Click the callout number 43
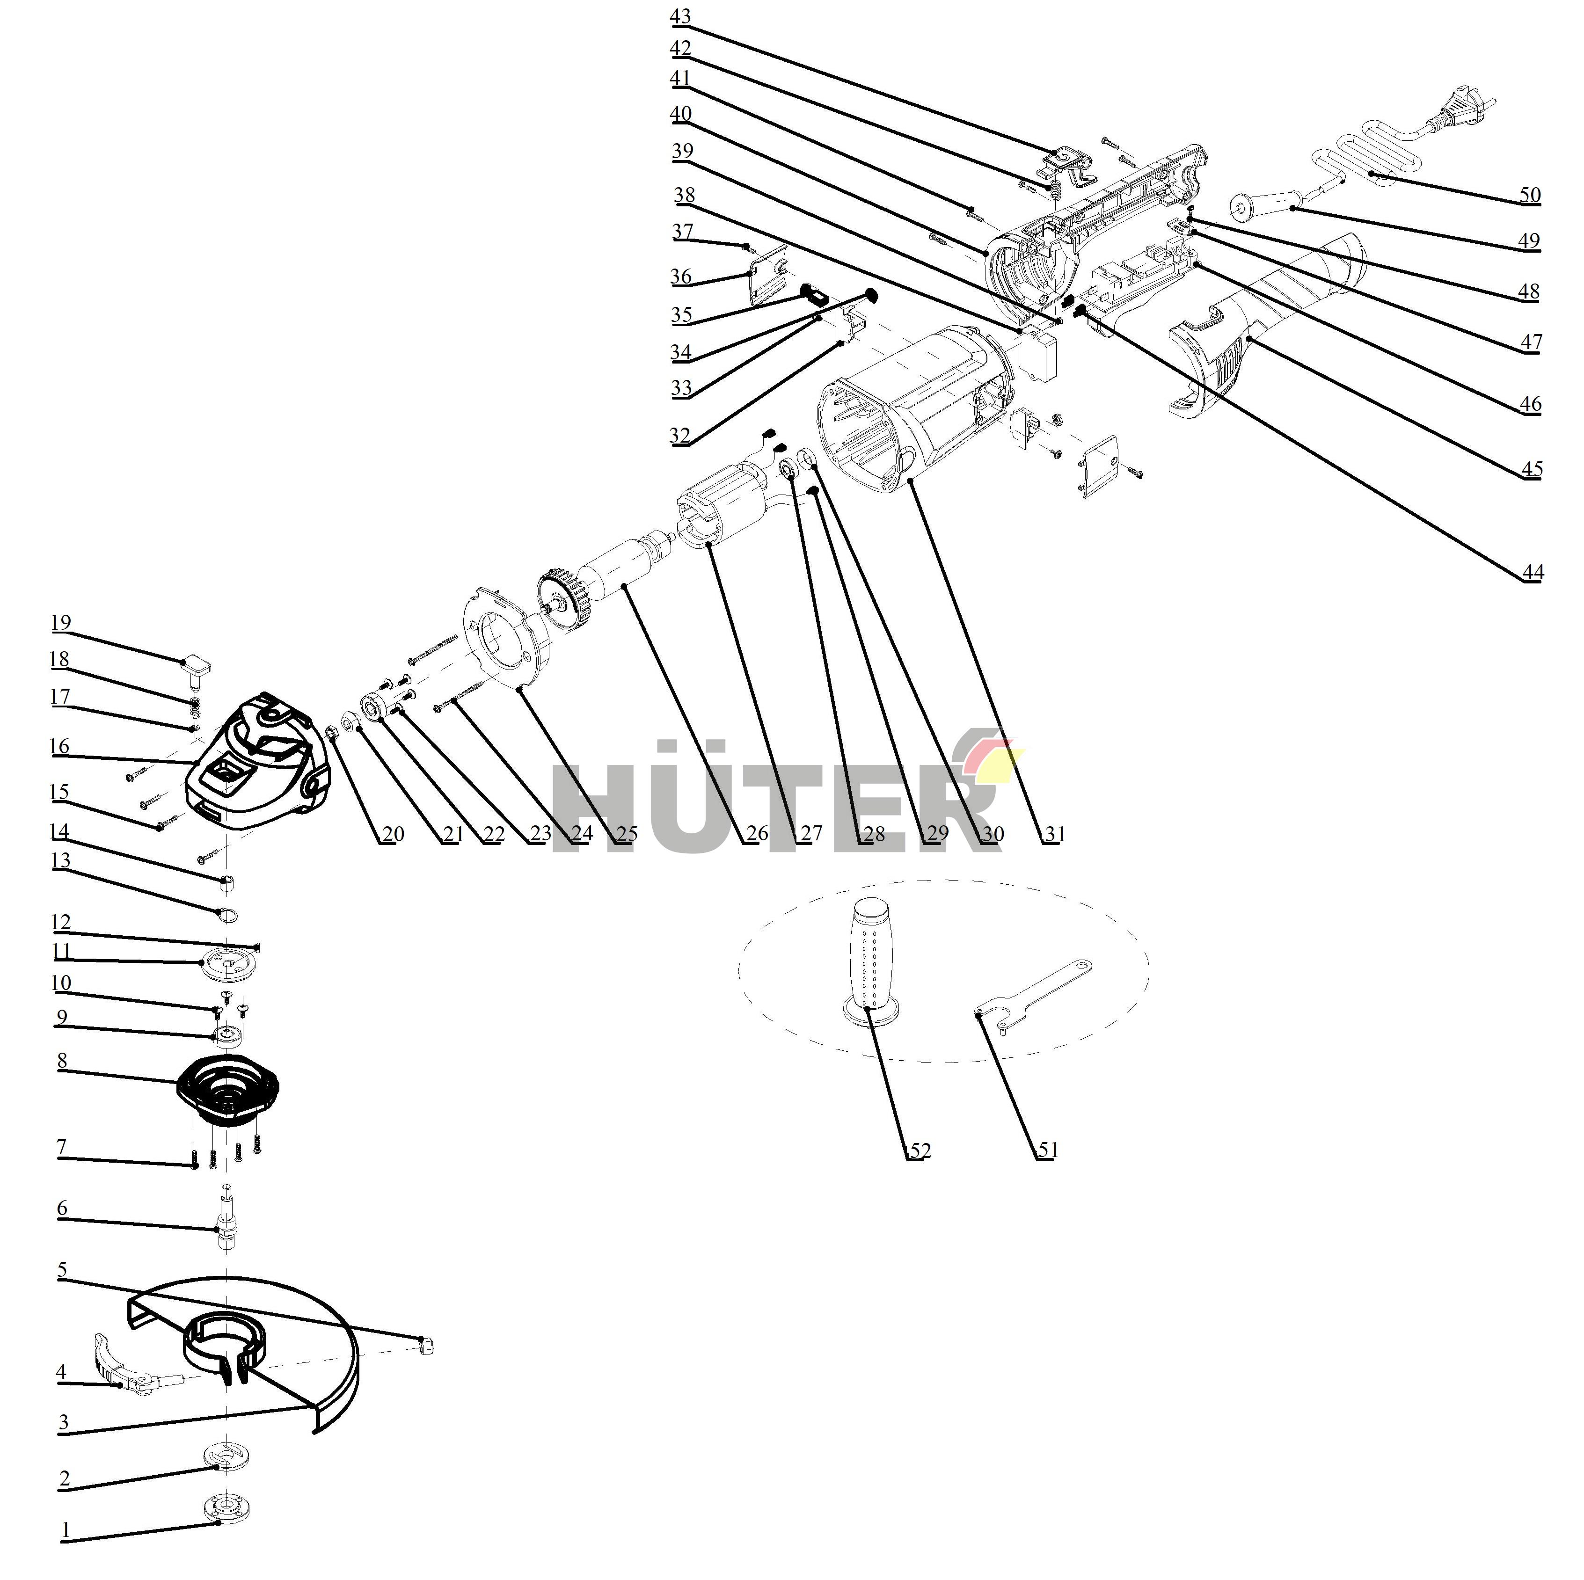point(680,16)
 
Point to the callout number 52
point(920,1150)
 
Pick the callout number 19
point(61,622)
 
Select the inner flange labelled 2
point(226,1456)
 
